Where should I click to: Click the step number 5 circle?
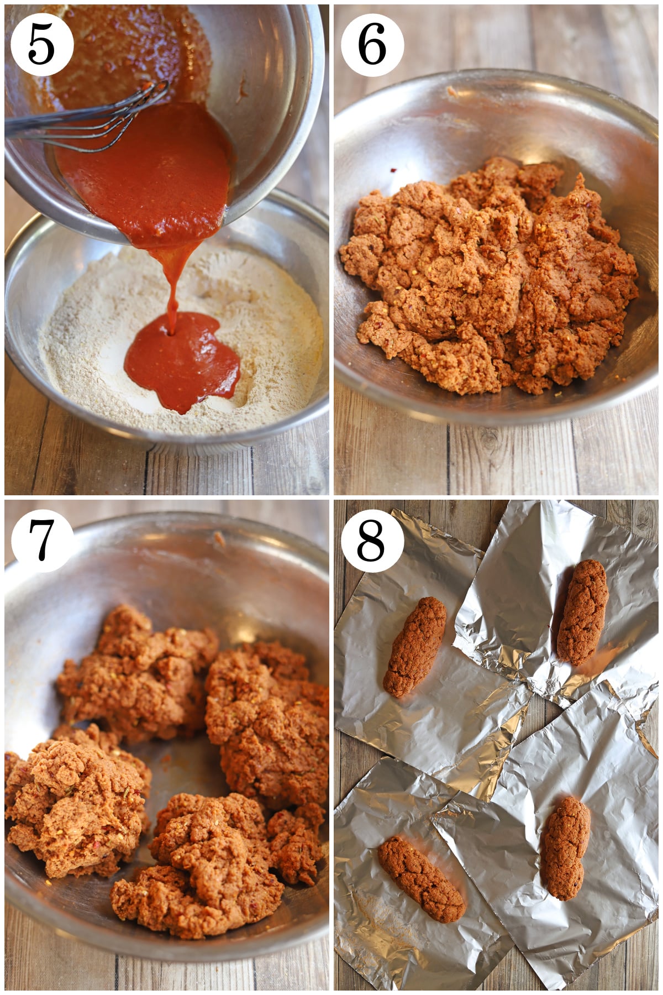point(41,45)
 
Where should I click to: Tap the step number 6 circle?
point(372,45)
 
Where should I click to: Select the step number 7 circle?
point(41,541)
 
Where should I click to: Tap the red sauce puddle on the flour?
point(182,359)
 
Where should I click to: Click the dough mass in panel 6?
point(486,276)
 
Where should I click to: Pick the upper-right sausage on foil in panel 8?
point(583,611)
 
